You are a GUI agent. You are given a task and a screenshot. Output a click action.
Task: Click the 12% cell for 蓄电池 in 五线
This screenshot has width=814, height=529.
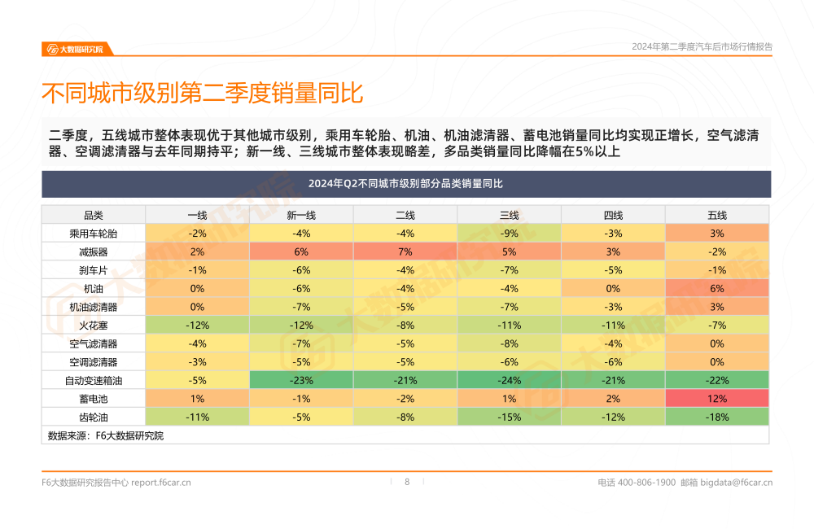pyautogui.click(x=716, y=398)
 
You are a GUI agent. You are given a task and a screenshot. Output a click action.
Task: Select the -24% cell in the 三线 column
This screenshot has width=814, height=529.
pyautogui.click(x=509, y=380)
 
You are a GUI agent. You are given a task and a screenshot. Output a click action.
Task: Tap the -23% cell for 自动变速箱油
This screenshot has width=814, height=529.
pyautogui.click(x=301, y=380)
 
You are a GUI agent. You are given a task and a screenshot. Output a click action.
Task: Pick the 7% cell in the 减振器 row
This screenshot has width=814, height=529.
pyautogui.click(x=405, y=251)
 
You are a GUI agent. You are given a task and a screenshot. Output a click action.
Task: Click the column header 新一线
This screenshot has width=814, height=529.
pyautogui.click(x=301, y=215)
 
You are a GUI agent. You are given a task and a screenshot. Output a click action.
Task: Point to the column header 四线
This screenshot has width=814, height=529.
pyautogui.click(x=613, y=215)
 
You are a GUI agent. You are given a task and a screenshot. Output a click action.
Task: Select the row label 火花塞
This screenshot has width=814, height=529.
pyautogui.click(x=94, y=325)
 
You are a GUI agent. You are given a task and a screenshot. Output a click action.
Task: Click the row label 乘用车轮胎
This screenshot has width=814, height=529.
pyautogui.click(x=94, y=234)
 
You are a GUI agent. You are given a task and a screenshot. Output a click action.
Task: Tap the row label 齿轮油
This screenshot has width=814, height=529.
pyautogui.click(x=94, y=417)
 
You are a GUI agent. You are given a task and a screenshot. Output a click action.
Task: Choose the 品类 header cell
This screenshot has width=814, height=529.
pyautogui.click(x=94, y=215)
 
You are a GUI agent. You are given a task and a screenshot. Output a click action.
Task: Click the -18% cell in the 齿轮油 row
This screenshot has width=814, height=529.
pyautogui.click(x=716, y=417)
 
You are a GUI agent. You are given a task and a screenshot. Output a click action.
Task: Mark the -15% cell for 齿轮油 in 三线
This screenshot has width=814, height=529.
pyautogui.click(x=509, y=417)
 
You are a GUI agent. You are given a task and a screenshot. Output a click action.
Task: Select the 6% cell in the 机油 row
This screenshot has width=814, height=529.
pyautogui.click(x=716, y=288)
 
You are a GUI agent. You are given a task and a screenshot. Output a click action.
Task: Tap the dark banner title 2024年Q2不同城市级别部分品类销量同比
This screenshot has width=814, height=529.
pyautogui.click(x=405, y=184)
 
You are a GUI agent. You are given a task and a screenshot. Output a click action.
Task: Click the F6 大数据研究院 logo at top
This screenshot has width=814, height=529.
pyautogui.click(x=75, y=49)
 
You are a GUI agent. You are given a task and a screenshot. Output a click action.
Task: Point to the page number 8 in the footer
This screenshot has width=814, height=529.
pyautogui.click(x=407, y=482)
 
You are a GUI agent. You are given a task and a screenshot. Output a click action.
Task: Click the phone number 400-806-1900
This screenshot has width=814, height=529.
pyautogui.click(x=646, y=483)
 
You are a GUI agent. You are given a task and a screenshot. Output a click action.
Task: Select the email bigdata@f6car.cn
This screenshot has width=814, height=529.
pyautogui.click(x=737, y=483)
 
